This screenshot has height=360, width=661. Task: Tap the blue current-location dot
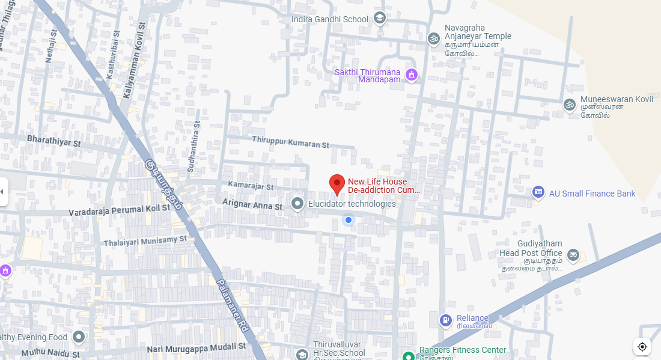click(x=348, y=221)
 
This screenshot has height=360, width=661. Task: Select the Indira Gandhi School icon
click(x=379, y=19)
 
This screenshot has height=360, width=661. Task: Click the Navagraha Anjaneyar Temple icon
click(x=433, y=38)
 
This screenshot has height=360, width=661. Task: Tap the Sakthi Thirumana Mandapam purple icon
click(x=412, y=75)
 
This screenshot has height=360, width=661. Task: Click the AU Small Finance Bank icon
click(x=538, y=193)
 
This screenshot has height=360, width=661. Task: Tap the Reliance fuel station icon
click(x=445, y=320)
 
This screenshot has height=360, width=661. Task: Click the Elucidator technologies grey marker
click(x=297, y=204)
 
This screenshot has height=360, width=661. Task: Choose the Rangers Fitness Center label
click(x=463, y=350)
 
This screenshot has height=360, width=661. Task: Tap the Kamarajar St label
click(x=251, y=187)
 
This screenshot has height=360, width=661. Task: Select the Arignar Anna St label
click(x=252, y=206)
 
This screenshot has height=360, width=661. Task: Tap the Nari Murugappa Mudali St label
click(x=196, y=347)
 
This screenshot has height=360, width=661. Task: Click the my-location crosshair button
click(x=642, y=347)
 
